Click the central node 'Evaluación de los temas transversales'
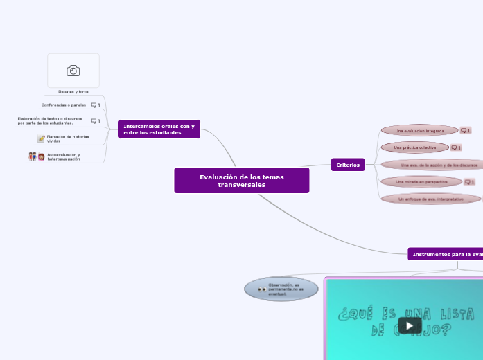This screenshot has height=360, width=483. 241,181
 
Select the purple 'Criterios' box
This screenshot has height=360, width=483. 348,165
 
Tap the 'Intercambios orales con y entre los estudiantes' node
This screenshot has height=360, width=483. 159,129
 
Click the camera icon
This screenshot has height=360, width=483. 73,71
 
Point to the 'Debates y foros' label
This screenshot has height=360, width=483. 73,91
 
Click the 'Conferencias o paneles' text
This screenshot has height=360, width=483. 63,105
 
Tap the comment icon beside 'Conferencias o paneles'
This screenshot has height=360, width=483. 96,105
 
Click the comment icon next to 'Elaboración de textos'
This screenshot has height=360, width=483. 96,121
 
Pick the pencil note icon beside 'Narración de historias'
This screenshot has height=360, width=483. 41,138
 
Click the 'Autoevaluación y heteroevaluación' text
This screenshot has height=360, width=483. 64,157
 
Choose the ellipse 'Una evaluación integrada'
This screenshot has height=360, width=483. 419,130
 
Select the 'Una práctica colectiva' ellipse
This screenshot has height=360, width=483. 414,147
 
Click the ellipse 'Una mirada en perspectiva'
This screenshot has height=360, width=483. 421,181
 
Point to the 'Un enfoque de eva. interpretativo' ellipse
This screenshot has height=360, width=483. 431,199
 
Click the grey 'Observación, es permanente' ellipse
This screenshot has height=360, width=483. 281,289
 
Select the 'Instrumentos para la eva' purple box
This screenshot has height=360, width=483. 446,255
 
